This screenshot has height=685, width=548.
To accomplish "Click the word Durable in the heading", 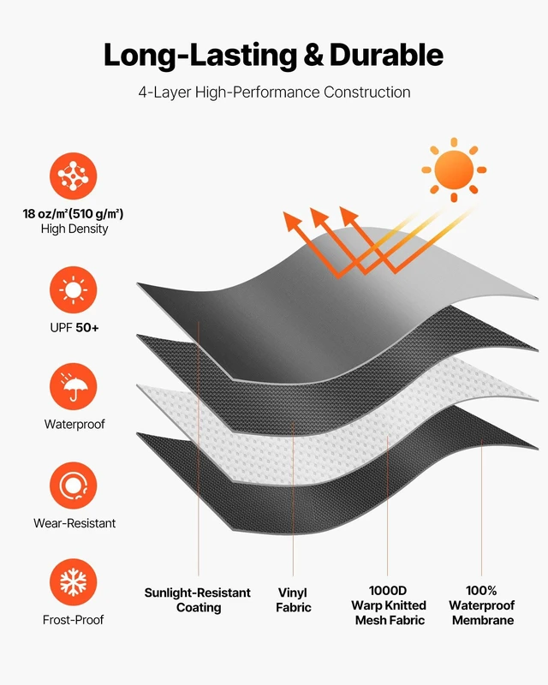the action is point(386,55).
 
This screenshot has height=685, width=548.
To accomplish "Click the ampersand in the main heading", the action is point(313,55).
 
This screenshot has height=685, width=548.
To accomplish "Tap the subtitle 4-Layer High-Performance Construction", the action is point(275,92).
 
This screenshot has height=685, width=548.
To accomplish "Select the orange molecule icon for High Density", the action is point(73,176).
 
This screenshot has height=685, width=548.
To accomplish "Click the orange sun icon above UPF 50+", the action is point(73,290).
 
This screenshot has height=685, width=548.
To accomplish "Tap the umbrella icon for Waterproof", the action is point(73,387).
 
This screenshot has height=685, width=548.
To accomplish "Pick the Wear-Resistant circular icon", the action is point(73,485).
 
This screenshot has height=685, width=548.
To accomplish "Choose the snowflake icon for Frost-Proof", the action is point(73,582).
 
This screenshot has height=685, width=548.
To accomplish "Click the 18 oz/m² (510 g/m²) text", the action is point(74,214).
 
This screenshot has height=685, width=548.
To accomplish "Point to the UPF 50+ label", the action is point(74,328).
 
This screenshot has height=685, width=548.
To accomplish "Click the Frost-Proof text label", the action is point(74,620).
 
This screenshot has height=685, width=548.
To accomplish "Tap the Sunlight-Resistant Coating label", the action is point(198,600).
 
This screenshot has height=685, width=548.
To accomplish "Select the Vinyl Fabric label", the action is point(293,600).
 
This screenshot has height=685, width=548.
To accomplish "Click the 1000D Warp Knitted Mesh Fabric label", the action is point(389,605).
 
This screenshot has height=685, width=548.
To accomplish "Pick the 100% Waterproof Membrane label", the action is point(482,605).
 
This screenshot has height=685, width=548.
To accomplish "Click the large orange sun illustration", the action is point(454,170).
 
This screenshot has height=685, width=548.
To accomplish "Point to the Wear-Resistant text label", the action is point(74,523).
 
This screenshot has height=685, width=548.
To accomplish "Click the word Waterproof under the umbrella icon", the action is point(74,424).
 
